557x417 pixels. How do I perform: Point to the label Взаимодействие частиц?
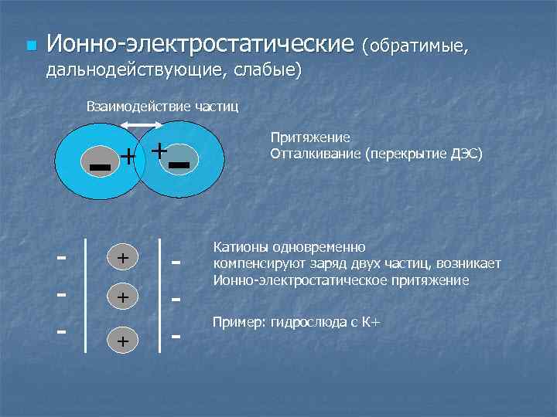pos(162,106)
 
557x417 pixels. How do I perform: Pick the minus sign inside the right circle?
pos(179,164)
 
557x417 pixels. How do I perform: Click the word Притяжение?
pos(310,137)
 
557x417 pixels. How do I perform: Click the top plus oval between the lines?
pos(123,256)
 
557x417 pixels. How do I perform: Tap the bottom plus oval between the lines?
pos(123,339)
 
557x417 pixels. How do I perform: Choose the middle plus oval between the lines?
pos(123,297)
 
